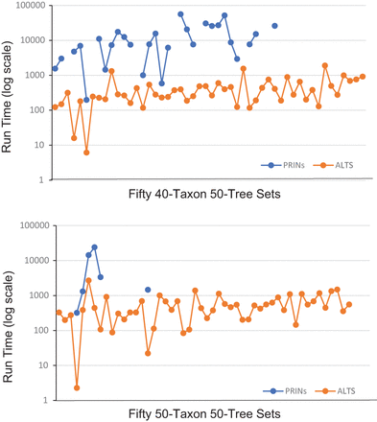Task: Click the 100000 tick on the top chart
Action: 30,5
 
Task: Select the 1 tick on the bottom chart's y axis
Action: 43,400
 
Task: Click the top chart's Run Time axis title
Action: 9,92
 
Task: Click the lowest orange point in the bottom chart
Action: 77,387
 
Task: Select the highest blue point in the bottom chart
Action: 94,246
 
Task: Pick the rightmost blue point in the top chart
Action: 274,26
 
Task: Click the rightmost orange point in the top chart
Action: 363,76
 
